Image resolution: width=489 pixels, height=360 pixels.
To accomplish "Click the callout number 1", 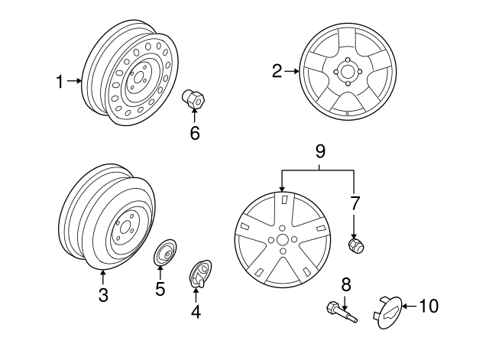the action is pyautogui.click(x=60, y=82).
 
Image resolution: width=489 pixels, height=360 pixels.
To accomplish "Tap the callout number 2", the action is pyautogui.click(x=277, y=71).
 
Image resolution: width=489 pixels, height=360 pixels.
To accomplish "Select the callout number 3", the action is pyautogui.click(x=103, y=295).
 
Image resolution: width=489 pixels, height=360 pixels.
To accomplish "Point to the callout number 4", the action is pyautogui.click(x=196, y=311).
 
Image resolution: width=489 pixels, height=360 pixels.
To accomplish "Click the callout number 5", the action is pyautogui.click(x=160, y=289).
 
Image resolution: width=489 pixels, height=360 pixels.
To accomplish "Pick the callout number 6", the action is pyautogui.click(x=195, y=133).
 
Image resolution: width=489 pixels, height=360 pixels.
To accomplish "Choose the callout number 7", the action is pyautogui.click(x=355, y=203).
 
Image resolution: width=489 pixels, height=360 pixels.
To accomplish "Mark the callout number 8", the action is pyautogui.click(x=346, y=284).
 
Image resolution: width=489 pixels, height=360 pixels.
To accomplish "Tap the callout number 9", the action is pyautogui.click(x=320, y=151).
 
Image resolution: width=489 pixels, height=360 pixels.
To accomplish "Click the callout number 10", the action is pyautogui.click(x=429, y=306).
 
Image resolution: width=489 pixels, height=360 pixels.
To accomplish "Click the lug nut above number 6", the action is pyautogui.click(x=193, y=99).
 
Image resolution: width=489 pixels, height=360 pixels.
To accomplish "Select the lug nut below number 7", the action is pyautogui.click(x=356, y=246).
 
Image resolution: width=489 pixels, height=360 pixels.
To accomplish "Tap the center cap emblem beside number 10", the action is pyautogui.click(x=388, y=313).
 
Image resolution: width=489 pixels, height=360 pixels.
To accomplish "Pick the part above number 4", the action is pyautogui.click(x=201, y=274).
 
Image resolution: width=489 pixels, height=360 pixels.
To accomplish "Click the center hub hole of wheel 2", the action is pyautogui.click(x=348, y=71).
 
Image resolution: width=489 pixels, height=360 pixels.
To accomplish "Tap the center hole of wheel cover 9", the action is pyautogui.click(x=283, y=240).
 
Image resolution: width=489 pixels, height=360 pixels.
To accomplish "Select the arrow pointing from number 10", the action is pyautogui.click(x=410, y=306).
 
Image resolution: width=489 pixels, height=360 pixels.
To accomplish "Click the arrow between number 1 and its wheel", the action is pyautogui.click(x=74, y=81).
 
